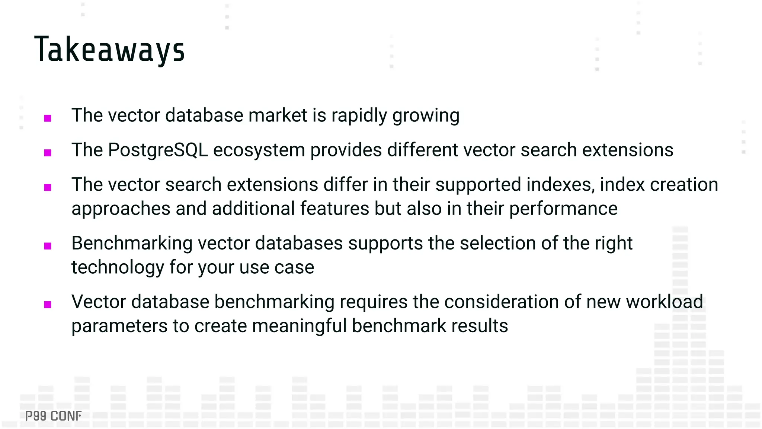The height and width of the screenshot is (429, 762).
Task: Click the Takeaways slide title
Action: (109, 50)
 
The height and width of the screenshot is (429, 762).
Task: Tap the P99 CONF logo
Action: (53, 416)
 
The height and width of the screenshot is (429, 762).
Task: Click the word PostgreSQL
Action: (158, 150)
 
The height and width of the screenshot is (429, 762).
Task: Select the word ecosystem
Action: (259, 150)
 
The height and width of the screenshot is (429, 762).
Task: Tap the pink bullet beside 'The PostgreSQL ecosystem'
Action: (48, 153)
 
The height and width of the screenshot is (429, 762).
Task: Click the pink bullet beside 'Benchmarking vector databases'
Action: (48, 246)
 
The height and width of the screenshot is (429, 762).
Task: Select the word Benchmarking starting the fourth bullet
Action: (132, 244)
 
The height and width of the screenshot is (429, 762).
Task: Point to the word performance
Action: (563, 209)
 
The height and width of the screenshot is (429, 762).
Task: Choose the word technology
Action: (118, 268)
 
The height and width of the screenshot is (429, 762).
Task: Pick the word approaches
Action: (121, 209)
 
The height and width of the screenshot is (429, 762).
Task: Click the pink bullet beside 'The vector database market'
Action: (48, 118)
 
